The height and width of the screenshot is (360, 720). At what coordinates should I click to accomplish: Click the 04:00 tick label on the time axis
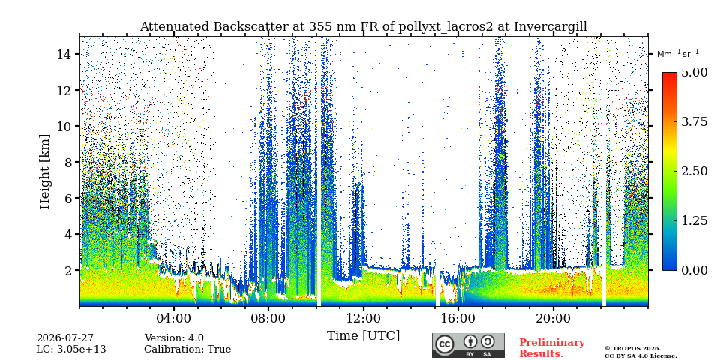[x=174, y=319]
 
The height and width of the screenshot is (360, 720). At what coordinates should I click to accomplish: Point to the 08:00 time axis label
[x=268, y=319]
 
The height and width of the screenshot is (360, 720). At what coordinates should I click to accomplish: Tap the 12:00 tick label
[x=364, y=319]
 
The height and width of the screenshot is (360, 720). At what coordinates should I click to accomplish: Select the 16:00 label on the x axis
[x=458, y=319]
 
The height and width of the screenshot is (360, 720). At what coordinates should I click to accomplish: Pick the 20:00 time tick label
[x=553, y=319]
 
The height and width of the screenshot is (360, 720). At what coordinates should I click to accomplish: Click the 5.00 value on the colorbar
[x=694, y=73]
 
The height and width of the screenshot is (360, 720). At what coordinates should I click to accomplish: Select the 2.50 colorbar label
[x=694, y=171]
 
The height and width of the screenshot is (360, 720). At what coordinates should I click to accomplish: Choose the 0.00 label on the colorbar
[x=694, y=270]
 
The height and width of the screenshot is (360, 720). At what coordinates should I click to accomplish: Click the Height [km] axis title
[x=44, y=172]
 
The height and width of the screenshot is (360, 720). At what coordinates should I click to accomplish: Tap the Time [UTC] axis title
[x=363, y=336]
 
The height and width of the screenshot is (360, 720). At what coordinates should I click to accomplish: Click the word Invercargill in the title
[x=550, y=27]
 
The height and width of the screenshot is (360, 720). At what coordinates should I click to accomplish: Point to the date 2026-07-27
[x=65, y=338]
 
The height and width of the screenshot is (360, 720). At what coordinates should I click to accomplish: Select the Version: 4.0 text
[x=174, y=338]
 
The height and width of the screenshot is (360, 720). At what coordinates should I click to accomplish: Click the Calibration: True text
[x=187, y=349]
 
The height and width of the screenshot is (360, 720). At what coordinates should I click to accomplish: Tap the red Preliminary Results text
[x=552, y=348]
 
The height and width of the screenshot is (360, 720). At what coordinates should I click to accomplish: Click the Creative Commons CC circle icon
[x=443, y=344]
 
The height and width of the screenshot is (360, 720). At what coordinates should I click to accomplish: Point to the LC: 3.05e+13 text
[x=71, y=349]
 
